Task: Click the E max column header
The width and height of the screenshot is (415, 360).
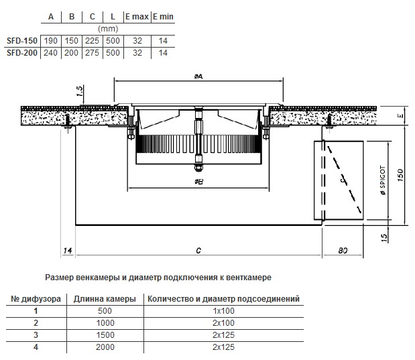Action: (137, 17)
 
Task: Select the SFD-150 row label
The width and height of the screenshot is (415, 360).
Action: (22, 41)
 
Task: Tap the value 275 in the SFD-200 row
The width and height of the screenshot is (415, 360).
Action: (92, 53)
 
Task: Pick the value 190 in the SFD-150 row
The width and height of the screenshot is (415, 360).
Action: (50, 41)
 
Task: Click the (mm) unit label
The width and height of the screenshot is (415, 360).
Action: (108, 29)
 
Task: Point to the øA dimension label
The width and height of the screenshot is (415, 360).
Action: (198, 76)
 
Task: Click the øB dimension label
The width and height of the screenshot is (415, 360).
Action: (198, 182)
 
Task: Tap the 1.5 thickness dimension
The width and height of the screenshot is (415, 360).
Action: (80, 91)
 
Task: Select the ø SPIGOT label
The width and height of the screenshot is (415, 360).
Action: (383, 180)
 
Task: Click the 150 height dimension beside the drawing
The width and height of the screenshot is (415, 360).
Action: (400, 175)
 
